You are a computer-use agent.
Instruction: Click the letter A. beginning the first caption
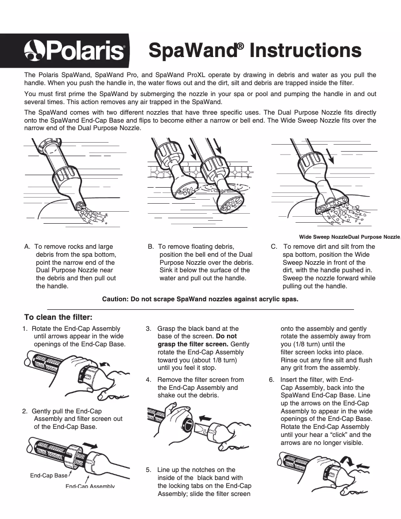(x=27, y=247)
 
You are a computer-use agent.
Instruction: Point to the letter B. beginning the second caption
(x=150, y=247)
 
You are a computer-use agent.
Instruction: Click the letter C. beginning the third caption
(x=274, y=247)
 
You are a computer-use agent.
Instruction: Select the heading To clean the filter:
(x=58, y=317)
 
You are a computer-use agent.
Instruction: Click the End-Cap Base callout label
(x=48, y=475)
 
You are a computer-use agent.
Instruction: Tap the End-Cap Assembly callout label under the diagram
(x=90, y=486)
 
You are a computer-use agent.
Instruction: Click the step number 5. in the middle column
(x=149, y=470)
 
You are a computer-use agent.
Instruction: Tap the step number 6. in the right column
(x=271, y=379)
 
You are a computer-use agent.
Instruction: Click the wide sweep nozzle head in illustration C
(x=332, y=202)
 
